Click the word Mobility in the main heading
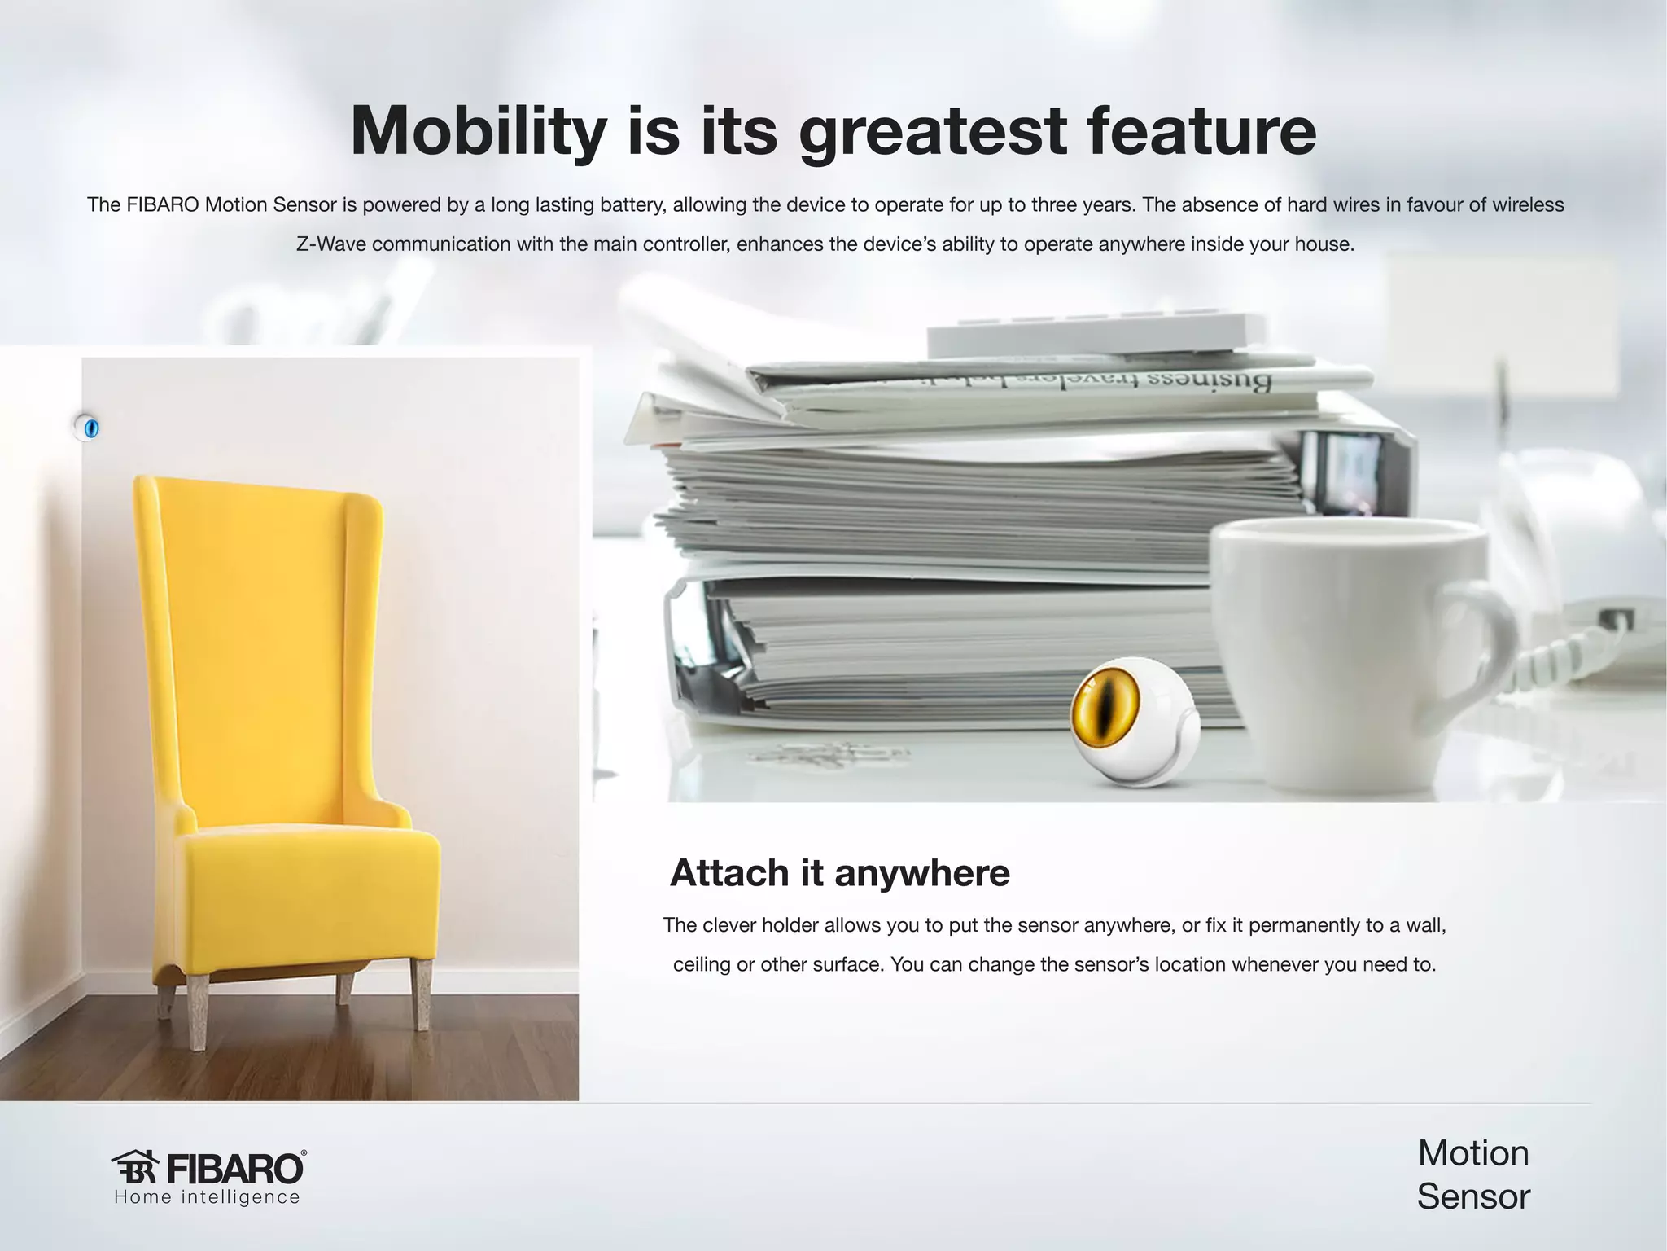[479, 132]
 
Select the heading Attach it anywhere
[839, 873]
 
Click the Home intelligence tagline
[208, 1197]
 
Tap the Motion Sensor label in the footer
[1473, 1174]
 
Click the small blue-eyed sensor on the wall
[87, 427]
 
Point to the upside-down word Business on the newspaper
[1221, 381]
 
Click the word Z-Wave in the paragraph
[330, 244]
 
